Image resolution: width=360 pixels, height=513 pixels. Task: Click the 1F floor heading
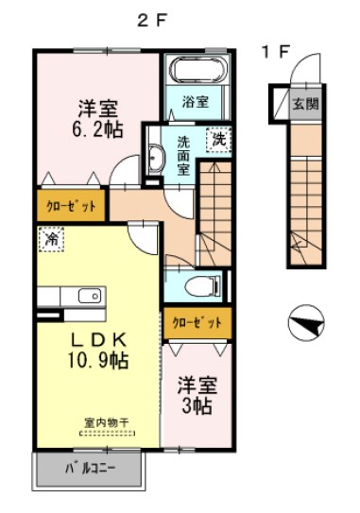(275, 52)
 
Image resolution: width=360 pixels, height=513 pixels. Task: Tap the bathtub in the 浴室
(197, 71)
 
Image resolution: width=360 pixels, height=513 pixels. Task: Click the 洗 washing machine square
(218, 137)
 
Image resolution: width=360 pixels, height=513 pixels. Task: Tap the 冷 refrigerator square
(50, 240)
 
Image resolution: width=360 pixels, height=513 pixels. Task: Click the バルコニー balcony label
(90, 469)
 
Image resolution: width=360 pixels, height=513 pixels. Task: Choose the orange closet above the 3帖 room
(197, 323)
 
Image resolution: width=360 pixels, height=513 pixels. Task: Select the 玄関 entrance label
(305, 104)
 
